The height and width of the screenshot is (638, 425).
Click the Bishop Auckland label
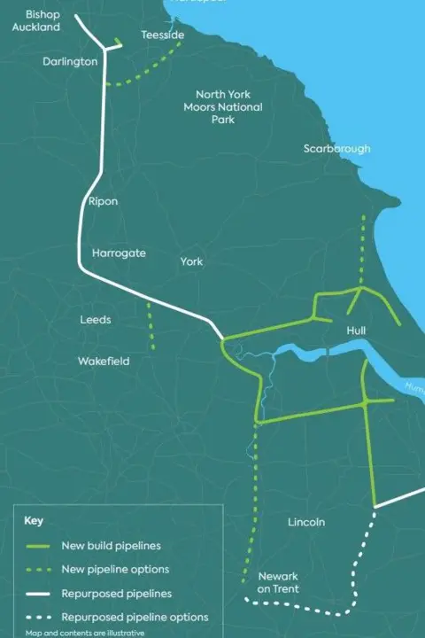point(36,21)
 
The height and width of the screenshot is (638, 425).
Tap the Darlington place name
point(70,62)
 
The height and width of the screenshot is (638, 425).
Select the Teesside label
point(163,35)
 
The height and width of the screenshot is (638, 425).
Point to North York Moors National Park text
point(222,106)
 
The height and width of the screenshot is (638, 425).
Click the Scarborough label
point(336,149)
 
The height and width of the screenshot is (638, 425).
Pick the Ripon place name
point(103,202)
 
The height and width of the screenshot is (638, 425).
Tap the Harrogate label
point(119,253)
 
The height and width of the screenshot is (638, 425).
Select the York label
point(191,262)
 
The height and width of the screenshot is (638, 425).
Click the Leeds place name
point(96,320)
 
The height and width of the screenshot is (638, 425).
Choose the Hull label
point(357,331)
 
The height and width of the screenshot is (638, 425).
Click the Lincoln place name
point(306,522)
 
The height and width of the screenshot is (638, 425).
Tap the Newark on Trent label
point(278,582)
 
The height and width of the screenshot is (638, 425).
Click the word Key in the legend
point(34,521)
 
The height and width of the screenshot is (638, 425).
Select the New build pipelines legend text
point(111,545)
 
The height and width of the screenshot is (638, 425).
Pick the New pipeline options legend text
point(115,569)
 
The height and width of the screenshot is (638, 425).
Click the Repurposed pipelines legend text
point(117,593)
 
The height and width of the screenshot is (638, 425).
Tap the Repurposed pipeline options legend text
point(135,617)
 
